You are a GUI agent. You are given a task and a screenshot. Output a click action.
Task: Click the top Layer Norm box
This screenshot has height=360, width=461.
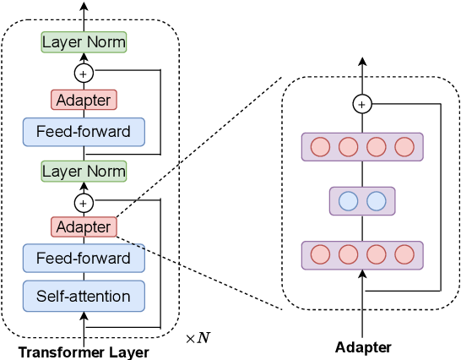click(84, 42)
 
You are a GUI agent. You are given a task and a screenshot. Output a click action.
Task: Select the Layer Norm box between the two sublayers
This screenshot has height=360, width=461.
click(84, 172)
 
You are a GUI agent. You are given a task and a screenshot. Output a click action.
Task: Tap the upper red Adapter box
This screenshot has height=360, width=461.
click(84, 100)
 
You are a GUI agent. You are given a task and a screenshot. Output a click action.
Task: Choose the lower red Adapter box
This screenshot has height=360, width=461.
click(84, 227)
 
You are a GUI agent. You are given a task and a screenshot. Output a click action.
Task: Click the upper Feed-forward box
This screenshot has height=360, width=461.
click(84, 132)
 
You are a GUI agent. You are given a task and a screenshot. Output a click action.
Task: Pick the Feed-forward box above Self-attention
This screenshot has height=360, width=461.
click(84, 258)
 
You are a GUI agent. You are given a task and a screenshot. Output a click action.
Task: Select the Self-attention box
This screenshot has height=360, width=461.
click(84, 296)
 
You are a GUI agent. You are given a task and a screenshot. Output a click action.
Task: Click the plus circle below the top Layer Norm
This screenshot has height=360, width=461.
click(84, 74)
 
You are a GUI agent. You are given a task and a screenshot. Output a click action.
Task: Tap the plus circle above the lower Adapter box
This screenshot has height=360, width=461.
click(84, 203)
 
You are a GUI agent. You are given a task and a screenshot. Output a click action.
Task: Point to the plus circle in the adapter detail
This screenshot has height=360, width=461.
click(362, 104)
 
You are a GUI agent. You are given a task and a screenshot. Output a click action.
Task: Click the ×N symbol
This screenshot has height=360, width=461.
click(198, 338)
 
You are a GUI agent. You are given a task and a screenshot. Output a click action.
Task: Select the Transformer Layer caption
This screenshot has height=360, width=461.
click(84, 352)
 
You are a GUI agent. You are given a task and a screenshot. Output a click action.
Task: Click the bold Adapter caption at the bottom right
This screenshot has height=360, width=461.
click(363, 347)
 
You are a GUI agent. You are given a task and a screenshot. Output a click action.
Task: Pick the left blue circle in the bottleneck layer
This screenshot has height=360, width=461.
click(349, 201)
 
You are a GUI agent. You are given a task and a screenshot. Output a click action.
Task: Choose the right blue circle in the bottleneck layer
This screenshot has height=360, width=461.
click(377, 201)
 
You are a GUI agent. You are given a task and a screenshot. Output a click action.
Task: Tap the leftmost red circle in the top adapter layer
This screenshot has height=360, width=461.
click(320, 147)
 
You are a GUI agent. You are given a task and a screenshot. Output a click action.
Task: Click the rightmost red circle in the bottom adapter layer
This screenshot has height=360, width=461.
click(404, 254)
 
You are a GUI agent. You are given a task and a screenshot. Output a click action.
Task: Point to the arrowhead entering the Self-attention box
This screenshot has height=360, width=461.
click(84, 316)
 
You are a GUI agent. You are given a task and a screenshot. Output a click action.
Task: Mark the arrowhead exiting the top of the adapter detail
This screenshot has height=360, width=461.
click(362, 61)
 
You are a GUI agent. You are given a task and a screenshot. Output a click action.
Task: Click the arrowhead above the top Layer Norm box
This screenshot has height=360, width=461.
click(84, 7)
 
